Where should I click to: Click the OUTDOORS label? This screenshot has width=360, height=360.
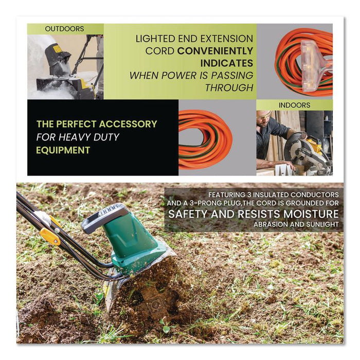64,29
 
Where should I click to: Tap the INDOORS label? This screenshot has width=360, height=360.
294,105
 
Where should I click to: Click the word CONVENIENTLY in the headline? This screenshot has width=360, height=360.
215,51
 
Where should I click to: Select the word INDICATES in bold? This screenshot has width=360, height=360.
227,63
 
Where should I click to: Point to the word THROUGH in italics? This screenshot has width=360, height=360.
229,87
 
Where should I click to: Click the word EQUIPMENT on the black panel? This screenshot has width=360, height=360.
63,150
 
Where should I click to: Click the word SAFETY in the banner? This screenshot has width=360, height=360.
188,214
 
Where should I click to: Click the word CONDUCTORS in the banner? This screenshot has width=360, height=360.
315,195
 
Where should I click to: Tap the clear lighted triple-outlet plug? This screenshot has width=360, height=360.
314,66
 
